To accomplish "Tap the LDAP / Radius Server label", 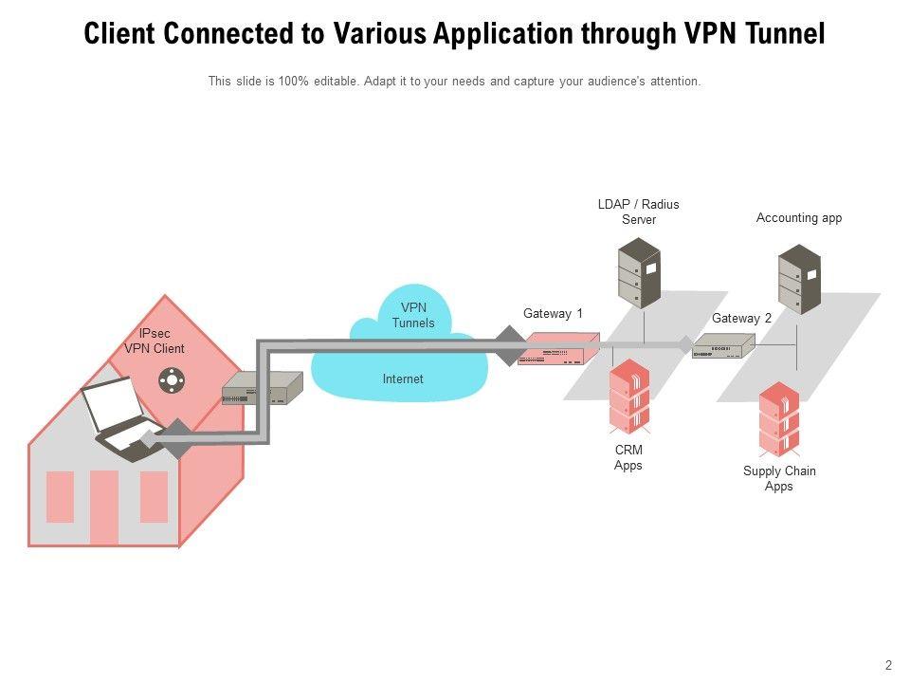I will (x=638, y=212).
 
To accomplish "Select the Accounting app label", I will (x=799, y=218).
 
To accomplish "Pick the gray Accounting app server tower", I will (x=799, y=279).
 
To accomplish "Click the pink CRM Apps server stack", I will (x=628, y=397).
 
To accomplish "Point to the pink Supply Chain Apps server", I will (x=779, y=418).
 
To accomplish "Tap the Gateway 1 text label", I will (x=553, y=314).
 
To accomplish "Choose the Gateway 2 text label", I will (x=742, y=319).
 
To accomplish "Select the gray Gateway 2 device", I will (x=723, y=347).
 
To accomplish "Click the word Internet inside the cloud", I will (x=403, y=379).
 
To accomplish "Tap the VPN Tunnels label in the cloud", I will (x=413, y=316).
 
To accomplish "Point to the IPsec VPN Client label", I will (x=155, y=341).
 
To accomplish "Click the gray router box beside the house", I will (x=261, y=388).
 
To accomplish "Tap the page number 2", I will (x=888, y=666).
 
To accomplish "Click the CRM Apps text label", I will (x=628, y=458).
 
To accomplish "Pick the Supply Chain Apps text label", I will (x=779, y=479).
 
